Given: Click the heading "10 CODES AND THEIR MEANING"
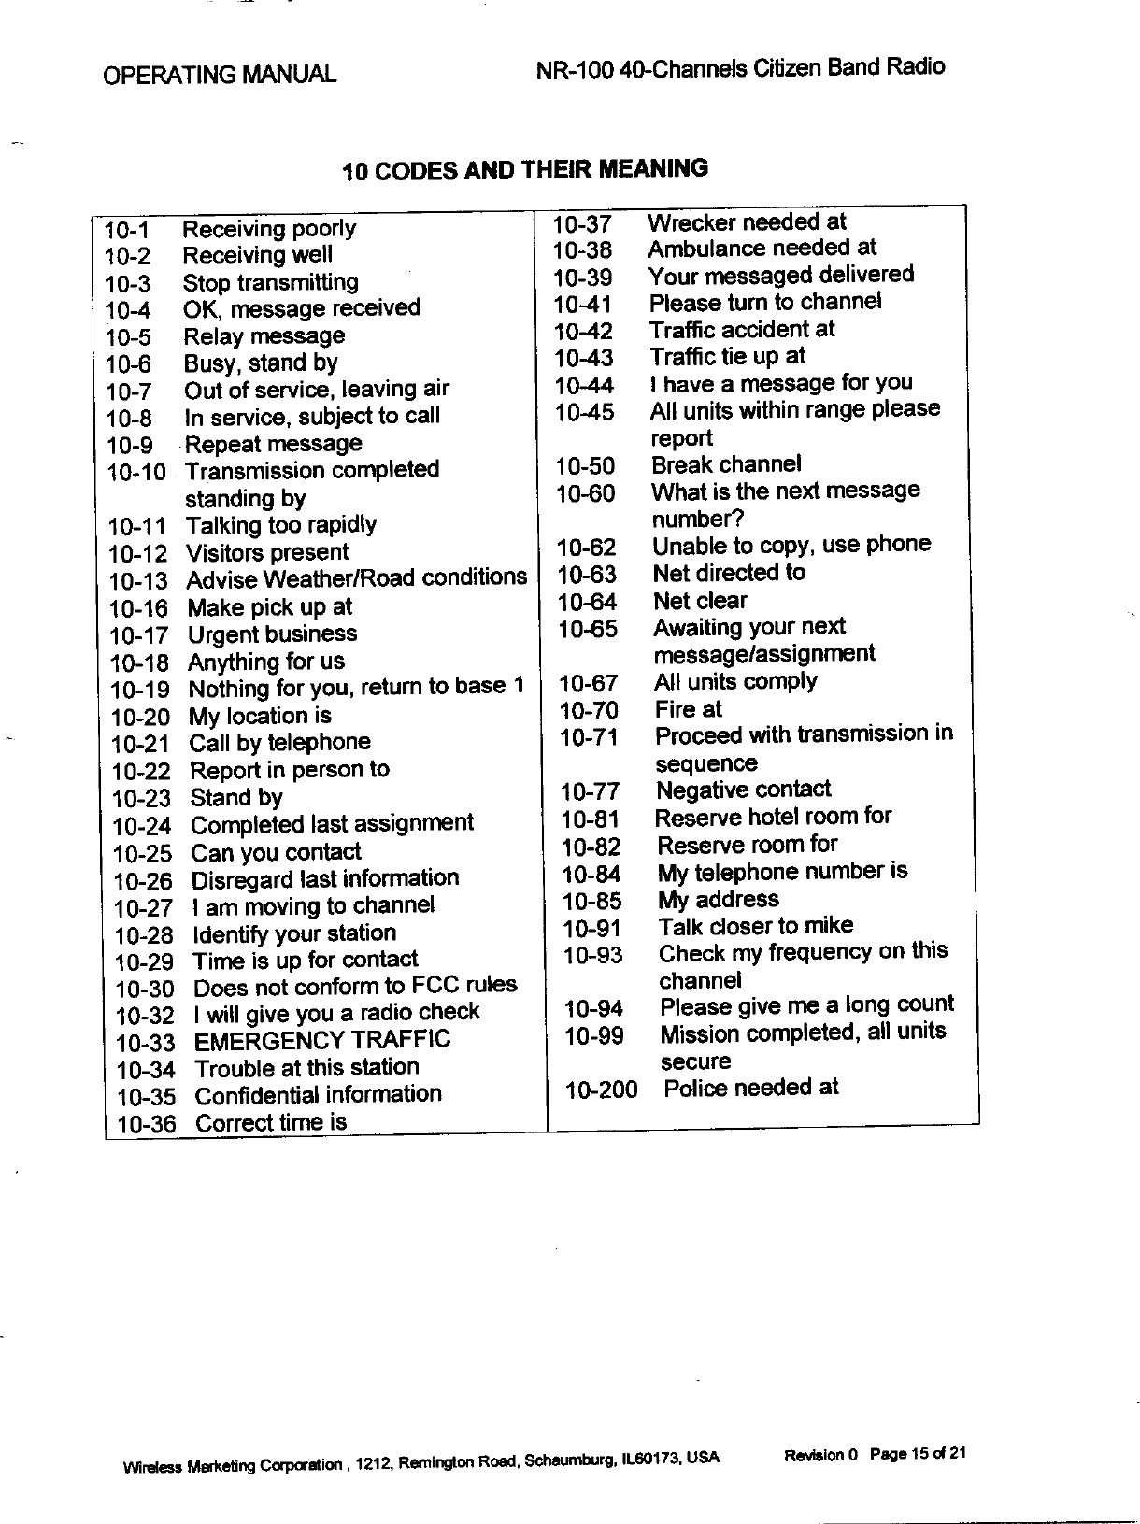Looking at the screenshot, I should [x=525, y=170].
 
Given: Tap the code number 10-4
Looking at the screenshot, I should [x=127, y=310].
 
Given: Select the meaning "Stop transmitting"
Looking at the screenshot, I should [x=270, y=282].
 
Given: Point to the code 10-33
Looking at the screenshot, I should [x=145, y=1043].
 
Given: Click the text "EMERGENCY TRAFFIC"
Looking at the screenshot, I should [x=321, y=1040].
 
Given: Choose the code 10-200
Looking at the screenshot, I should [x=601, y=1090].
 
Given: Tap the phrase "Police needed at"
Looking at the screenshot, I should [x=750, y=1087].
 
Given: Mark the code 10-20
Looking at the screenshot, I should [x=140, y=718].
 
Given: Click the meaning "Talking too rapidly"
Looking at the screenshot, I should [x=280, y=525].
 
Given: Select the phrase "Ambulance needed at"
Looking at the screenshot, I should [x=762, y=249].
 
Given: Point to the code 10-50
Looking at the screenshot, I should [x=585, y=466].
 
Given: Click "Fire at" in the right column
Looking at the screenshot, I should [x=688, y=709].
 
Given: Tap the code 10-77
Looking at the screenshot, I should [x=590, y=792].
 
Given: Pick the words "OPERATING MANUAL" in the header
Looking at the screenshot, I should [x=220, y=74].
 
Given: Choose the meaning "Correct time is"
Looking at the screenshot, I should [x=271, y=1122].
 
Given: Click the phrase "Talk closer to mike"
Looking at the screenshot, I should [x=755, y=926].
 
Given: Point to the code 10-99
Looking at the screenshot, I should [x=593, y=1035].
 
